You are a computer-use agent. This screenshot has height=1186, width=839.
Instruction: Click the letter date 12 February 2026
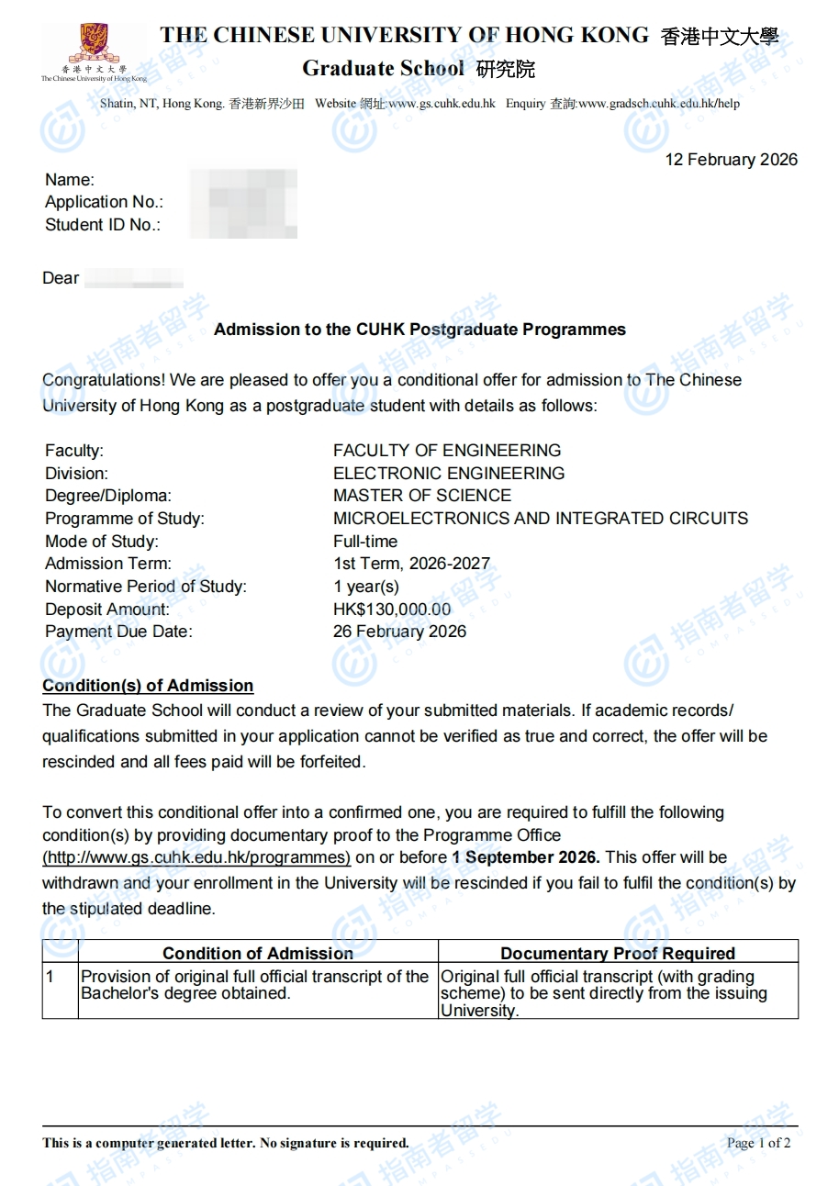(x=731, y=160)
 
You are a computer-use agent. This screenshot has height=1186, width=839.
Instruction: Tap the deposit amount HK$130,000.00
(x=392, y=609)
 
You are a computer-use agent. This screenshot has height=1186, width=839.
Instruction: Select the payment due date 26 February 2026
(x=399, y=632)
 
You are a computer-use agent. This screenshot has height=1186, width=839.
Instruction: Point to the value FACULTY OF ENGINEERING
(x=446, y=451)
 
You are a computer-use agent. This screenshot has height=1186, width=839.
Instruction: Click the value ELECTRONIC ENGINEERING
(x=449, y=474)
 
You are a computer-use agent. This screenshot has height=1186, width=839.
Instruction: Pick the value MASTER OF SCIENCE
(x=422, y=496)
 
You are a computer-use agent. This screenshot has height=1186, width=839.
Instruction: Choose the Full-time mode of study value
(x=365, y=542)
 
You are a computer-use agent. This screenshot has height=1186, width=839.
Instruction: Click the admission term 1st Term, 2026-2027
(x=411, y=564)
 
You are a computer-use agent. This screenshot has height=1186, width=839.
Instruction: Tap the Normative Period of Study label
(x=146, y=587)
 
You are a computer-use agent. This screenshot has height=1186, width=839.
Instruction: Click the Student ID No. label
(x=103, y=225)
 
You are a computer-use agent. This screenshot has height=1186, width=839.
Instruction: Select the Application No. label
(x=104, y=202)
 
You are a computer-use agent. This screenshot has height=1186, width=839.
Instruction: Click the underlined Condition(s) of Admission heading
(x=148, y=686)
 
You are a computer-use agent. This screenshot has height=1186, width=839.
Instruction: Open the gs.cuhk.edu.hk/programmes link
(x=196, y=857)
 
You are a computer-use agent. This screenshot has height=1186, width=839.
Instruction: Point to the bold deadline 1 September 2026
(x=526, y=857)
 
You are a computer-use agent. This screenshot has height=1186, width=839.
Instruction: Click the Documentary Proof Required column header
(x=618, y=953)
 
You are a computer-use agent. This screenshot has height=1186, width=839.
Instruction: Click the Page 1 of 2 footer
(x=758, y=1143)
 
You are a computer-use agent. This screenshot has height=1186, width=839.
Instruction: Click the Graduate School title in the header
(x=383, y=69)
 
